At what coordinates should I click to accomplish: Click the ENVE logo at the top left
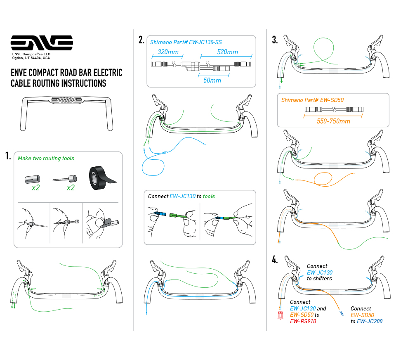tap(41, 43)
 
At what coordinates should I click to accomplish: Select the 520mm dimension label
tap(227, 52)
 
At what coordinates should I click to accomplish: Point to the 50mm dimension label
tap(212, 80)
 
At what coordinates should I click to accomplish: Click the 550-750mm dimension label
tap(333, 121)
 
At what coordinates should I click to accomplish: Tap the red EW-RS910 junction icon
tap(280, 316)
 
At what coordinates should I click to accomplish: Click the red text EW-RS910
tap(303, 321)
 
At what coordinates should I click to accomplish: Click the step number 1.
tap(8, 156)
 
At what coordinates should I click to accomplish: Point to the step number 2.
tap(141, 40)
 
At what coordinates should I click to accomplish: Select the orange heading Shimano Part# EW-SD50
tap(312, 100)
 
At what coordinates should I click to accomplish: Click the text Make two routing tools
tap(46, 159)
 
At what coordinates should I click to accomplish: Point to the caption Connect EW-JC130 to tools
tap(181, 196)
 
